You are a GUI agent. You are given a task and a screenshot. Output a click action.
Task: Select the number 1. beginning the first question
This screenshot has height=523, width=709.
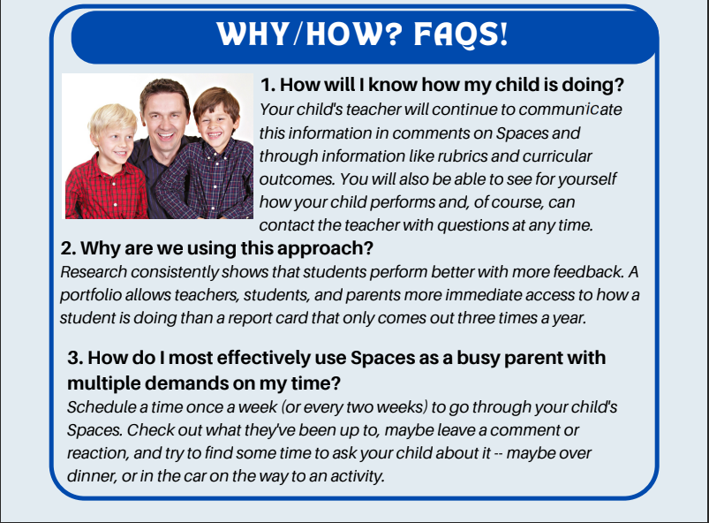[x=268, y=86]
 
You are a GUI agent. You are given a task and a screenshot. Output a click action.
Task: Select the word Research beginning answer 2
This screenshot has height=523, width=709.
[x=92, y=271]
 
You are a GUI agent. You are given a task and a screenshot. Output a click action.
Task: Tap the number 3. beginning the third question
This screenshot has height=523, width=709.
[x=75, y=359]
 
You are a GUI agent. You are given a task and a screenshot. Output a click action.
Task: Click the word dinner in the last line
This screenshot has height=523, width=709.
[x=88, y=475]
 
